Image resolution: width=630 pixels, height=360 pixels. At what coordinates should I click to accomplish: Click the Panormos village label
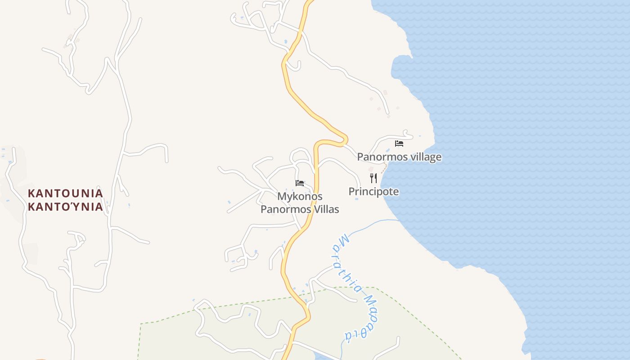click(399, 157)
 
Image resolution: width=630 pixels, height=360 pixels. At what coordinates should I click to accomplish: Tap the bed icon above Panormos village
click(399, 144)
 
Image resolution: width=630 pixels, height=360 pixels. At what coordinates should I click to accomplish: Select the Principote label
click(373, 192)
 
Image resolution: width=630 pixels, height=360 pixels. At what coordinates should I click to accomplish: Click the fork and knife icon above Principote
click(373, 178)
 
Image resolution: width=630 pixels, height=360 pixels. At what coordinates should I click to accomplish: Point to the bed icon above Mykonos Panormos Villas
click(300, 183)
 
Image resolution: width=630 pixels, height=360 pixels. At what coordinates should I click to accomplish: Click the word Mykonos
click(300, 197)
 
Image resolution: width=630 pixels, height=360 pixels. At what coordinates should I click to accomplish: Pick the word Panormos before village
click(378, 157)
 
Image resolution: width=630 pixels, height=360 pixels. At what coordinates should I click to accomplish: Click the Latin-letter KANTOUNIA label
click(66, 193)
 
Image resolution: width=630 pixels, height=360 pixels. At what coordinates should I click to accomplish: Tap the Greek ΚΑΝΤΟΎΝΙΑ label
click(66, 207)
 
